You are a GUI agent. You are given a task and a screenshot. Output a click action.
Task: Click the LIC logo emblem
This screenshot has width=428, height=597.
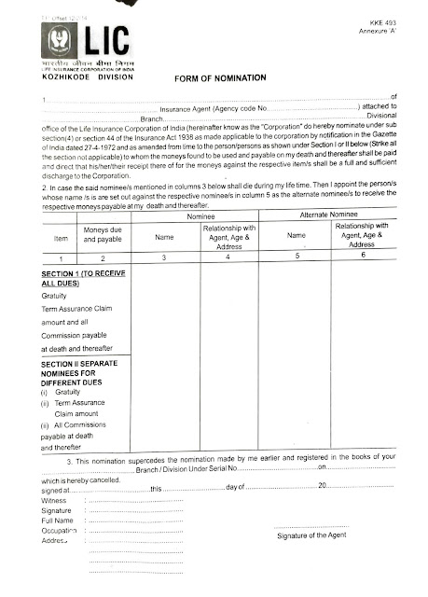(57, 42)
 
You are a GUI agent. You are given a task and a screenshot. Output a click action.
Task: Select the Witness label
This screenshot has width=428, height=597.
(55, 500)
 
